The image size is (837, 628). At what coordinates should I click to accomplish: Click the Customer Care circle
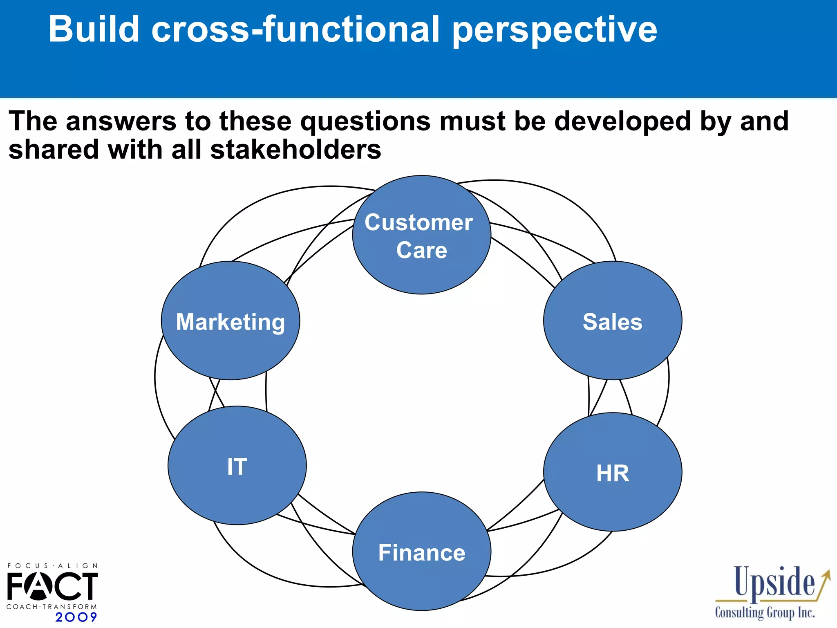tap(421, 235)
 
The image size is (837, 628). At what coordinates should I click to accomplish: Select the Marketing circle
tap(231, 321)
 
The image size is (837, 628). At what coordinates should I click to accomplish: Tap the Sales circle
tap(612, 321)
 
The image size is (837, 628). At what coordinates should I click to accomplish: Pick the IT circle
tap(237, 466)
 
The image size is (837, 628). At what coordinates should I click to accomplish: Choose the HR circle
tap(612, 472)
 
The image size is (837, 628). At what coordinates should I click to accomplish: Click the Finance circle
tap(421, 552)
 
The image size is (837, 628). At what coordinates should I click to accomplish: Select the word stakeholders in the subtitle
tap(295, 150)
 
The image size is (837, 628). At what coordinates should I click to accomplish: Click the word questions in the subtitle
tap(365, 122)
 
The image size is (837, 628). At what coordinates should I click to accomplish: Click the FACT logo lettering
tap(52, 585)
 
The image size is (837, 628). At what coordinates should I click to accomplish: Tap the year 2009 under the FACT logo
tap(76, 617)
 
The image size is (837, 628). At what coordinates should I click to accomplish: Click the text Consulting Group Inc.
tap(765, 613)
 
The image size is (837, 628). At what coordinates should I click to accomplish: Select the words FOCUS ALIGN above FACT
tap(52, 566)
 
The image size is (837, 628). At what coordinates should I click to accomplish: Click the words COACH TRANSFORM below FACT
tap(51, 607)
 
